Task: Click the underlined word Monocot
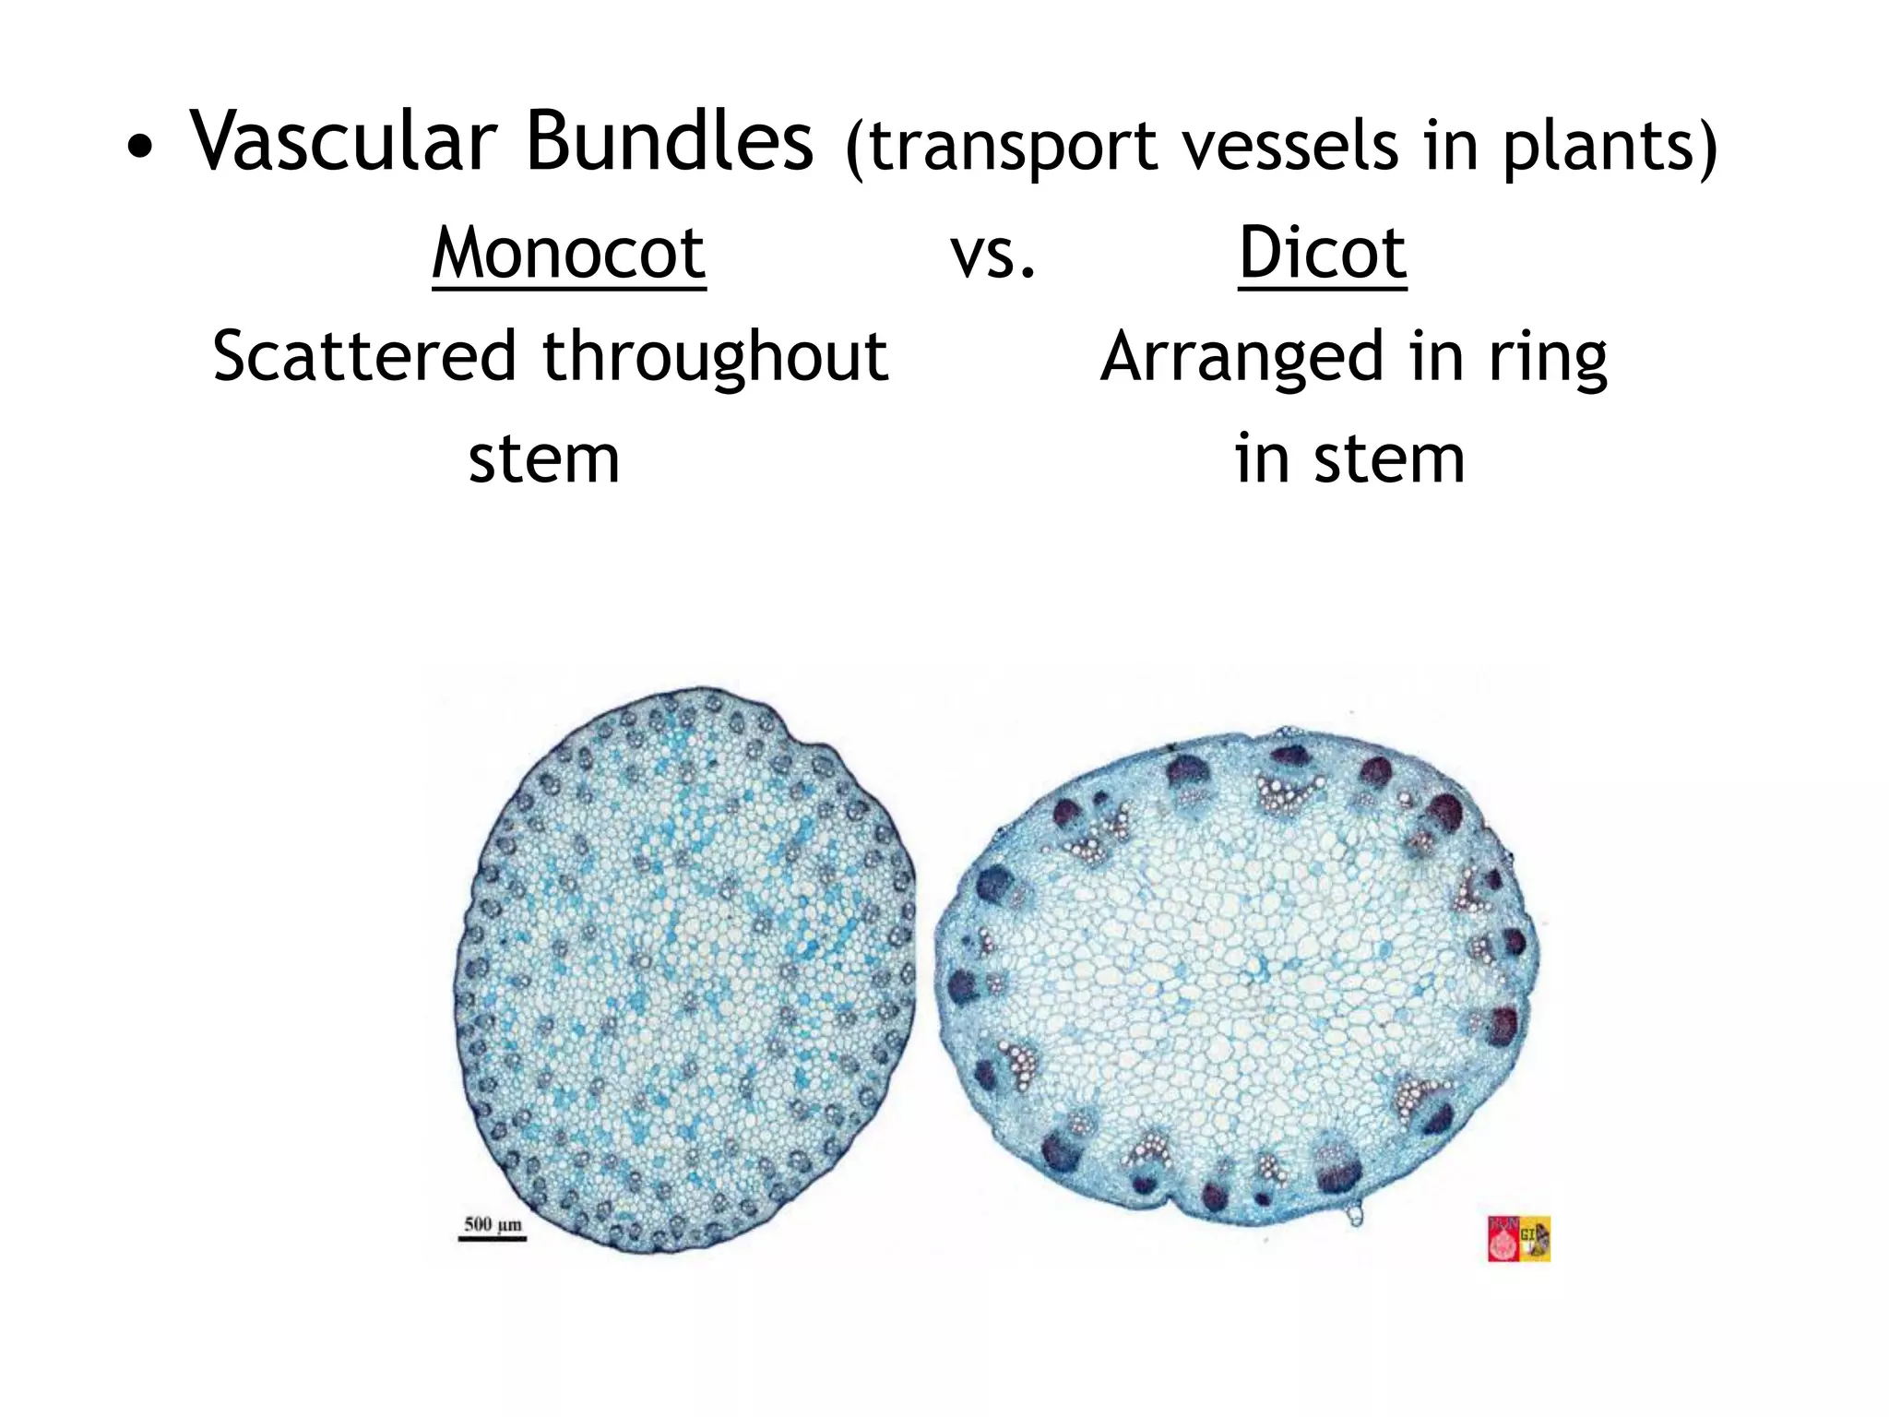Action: pyautogui.click(x=569, y=253)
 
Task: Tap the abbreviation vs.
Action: pyautogui.click(x=993, y=253)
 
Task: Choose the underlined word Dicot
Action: pyautogui.click(x=1323, y=253)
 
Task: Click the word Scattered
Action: pyautogui.click(x=363, y=356)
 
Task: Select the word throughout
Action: pyautogui.click(x=715, y=356)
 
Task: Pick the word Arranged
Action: pyautogui.click(x=1242, y=358)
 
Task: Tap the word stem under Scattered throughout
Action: pyautogui.click(x=544, y=459)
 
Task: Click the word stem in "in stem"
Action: pyautogui.click(x=1389, y=459)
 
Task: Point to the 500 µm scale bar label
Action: pyautogui.click(x=493, y=1225)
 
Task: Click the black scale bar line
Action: pyautogui.click(x=493, y=1239)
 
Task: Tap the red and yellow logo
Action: pyautogui.click(x=1518, y=1238)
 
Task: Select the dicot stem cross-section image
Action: pyautogui.click(x=1236, y=978)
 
